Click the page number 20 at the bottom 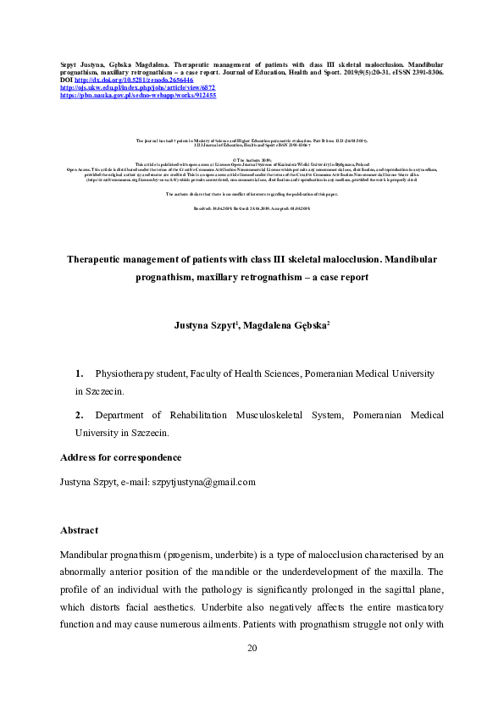pyautogui.click(x=252, y=648)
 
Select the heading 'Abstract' pyautogui.click(x=79, y=530)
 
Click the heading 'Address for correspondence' pyautogui.click(x=120, y=457)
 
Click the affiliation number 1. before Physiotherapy pyautogui.click(x=80, y=373)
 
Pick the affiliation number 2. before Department pyautogui.click(x=80, y=415)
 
